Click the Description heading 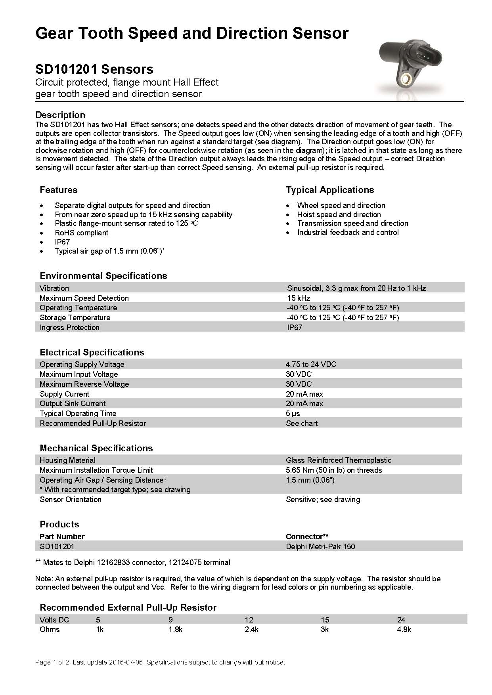[x=60, y=115]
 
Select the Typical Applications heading [x=330, y=190]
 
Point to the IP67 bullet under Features [x=62, y=242]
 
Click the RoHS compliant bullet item [x=81, y=233]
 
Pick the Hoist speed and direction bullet [x=339, y=214]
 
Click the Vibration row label [x=54, y=288]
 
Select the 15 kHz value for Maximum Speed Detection [x=299, y=298]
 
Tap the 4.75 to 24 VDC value [x=311, y=364]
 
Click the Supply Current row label [x=65, y=394]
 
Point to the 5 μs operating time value [x=293, y=413]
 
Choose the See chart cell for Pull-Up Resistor [x=302, y=423]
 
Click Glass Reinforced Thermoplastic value [x=339, y=460]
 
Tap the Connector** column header [x=307, y=537]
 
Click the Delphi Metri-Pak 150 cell [x=320, y=546]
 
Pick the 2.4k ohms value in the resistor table [x=252, y=630]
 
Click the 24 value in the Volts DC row [x=401, y=620]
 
